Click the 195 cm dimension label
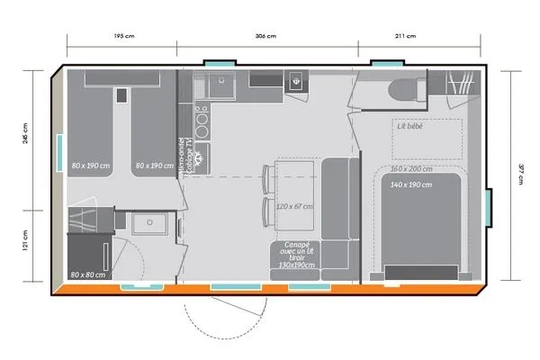pos(123,37)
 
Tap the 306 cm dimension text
pos(266,37)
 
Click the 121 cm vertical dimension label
pos(26,240)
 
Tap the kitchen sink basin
pos(219,85)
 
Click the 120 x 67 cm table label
pos(295,206)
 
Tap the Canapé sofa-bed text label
pos(296,255)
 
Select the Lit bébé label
pos(410,126)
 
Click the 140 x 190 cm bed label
pos(411,184)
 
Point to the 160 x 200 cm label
pos(411,169)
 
